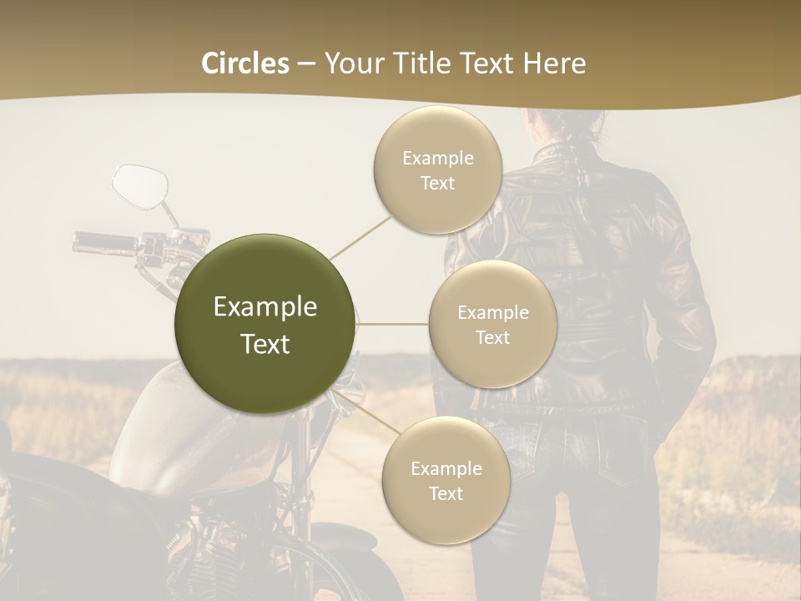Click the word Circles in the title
(x=245, y=63)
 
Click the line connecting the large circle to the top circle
(x=360, y=237)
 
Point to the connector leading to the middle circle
(x=392, y=323)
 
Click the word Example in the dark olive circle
(x=265, y=307)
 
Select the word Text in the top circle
(x=437, y=183)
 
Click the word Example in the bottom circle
(x=446, y=468)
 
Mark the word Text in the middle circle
(x=492, y=337)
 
